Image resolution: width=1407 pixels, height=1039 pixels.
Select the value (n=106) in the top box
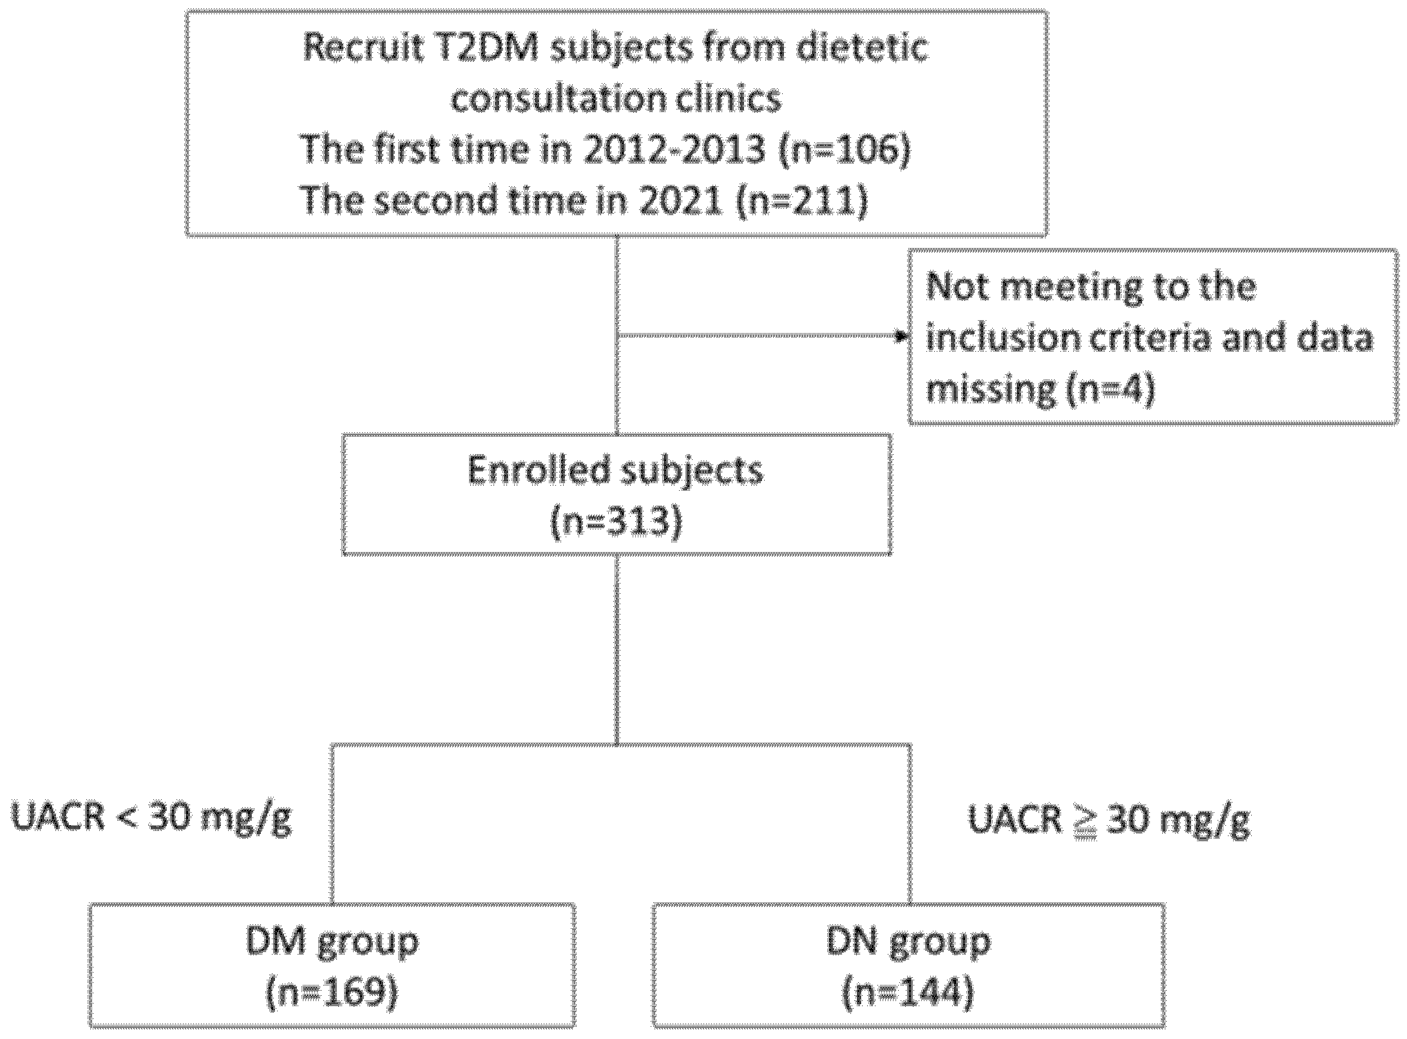pos(845,150)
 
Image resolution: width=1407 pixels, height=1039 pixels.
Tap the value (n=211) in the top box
pos(801,201)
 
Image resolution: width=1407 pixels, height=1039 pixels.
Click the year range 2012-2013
pos(675,150)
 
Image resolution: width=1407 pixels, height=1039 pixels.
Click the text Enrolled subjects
pos(615,470)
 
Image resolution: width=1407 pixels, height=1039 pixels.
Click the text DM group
pos(332,942)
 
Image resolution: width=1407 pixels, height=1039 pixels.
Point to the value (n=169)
pos(332,993)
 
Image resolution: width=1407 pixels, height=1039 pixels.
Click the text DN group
pos(908,942)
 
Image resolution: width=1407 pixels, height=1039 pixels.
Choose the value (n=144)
pos(908,993)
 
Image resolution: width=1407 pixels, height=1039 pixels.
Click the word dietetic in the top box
pos(863,48)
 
